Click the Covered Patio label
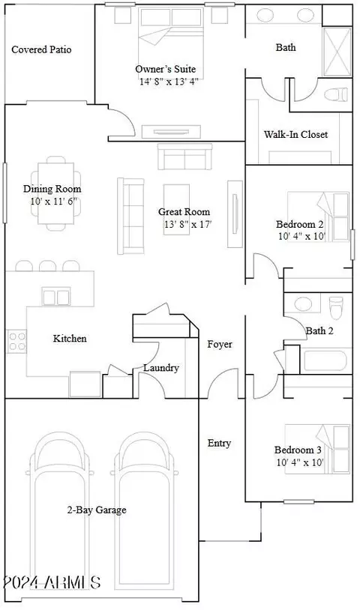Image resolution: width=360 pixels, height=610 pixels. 41,49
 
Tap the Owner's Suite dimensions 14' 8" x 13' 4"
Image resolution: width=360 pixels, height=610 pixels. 169,82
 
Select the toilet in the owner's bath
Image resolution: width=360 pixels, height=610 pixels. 335,94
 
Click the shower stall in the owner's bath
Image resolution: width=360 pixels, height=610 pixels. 337,52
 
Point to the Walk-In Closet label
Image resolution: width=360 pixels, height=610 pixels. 295,135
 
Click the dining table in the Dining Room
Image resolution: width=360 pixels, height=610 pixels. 55,193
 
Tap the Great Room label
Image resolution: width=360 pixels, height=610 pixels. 184,211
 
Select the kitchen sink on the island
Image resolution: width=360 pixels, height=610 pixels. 56,297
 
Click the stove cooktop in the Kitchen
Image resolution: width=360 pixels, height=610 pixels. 16,341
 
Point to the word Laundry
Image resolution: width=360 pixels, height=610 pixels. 161,368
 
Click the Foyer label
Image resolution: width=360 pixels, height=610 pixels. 220,344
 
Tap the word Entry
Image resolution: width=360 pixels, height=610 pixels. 219,443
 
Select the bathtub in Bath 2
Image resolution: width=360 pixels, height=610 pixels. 325,360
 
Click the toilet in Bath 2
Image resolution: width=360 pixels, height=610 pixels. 336,307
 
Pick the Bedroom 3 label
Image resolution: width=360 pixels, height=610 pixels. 298,450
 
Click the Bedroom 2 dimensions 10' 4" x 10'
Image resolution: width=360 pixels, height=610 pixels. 301,236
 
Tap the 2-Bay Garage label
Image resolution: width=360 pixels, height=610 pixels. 97,510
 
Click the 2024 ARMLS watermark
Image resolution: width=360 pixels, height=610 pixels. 52,582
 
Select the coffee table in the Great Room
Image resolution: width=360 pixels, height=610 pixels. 176,209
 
